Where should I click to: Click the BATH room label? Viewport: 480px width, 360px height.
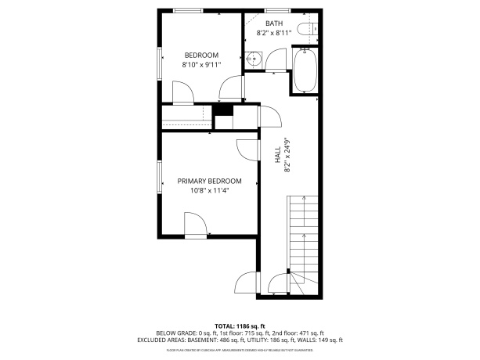click(274, 23)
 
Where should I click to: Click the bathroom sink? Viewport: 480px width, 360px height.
click(252, 59)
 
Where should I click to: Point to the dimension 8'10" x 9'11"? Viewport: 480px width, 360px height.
click(200, 66)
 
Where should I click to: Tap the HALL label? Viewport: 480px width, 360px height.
click(277, 154)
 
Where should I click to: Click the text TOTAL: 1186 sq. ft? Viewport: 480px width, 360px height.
click(240, 326)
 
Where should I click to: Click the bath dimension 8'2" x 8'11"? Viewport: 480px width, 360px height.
click(274, 33)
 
